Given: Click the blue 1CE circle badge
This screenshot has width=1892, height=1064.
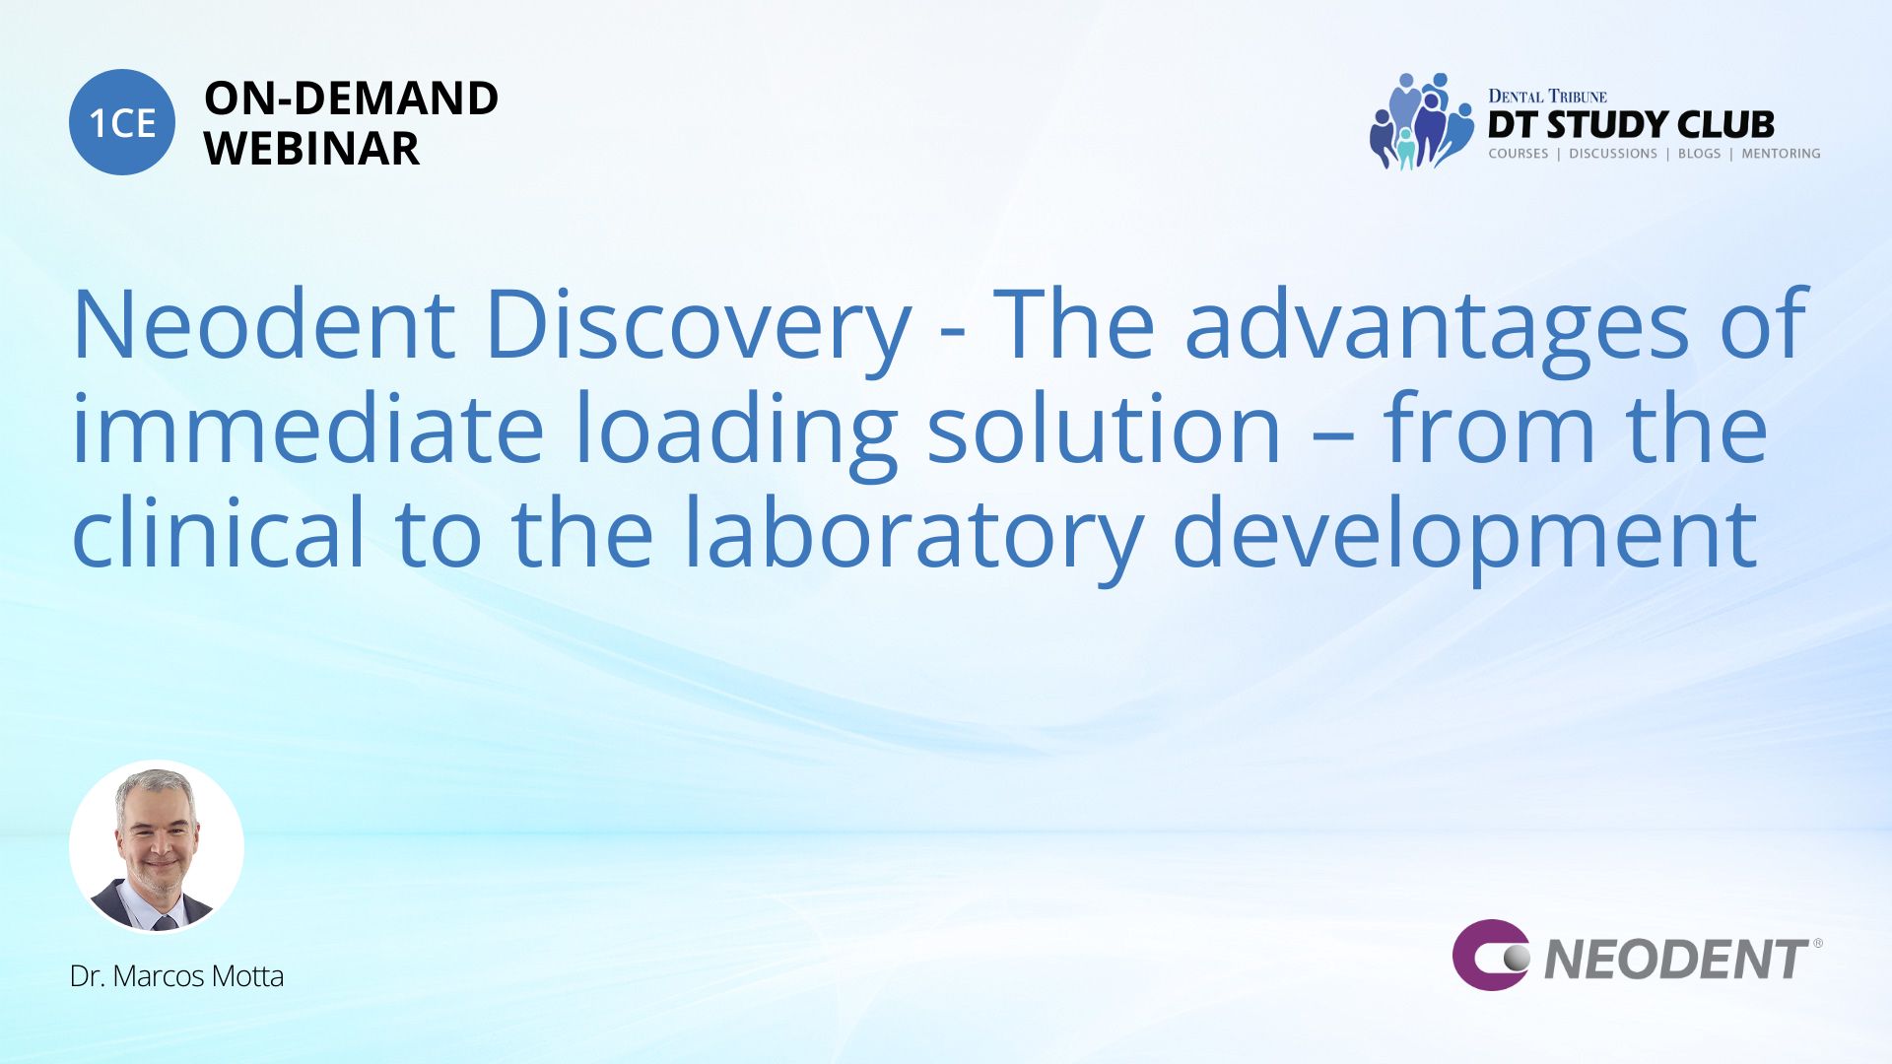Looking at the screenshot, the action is tap(122, 122).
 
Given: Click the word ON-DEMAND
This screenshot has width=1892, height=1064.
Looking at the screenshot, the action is tap(351, 99).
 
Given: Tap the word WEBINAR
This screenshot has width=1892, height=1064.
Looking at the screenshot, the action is tap(311, 149).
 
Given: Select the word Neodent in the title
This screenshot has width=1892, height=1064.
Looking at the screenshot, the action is tap(264, 324).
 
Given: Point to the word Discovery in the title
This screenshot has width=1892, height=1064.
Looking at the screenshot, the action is tap(699, 330).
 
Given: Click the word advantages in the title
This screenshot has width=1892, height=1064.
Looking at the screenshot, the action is tap(1438, 330).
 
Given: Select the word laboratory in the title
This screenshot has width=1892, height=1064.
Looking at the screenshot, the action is tap(912, 538).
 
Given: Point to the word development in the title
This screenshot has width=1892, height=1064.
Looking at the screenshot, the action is tap(1465, 538).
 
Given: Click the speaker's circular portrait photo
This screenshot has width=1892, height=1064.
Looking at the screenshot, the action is tap(157, 847).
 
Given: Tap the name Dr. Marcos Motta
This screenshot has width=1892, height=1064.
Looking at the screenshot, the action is tap(176, 976).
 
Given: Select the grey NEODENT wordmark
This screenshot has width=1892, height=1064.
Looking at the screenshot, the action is tap(1676, 960).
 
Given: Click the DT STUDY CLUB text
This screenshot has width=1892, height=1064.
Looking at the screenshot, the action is tap(1631, 125).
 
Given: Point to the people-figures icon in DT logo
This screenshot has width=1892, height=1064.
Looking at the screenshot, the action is tap(1420, 120).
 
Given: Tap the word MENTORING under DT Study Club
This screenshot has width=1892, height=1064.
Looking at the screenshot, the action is tap(1781, 154).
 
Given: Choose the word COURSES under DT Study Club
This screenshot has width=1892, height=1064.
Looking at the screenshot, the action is tap(1519, 154).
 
